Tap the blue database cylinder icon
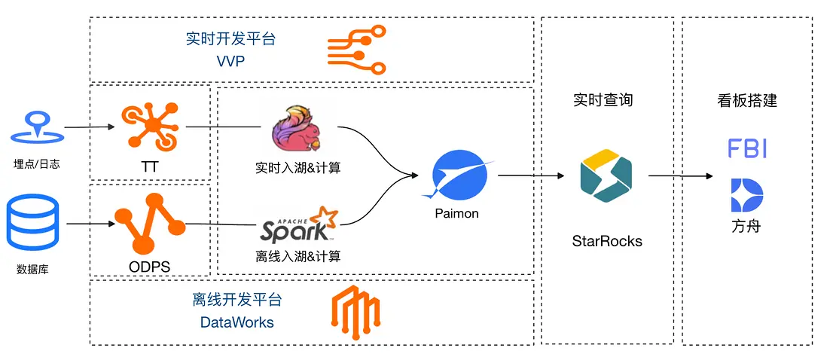pyautogui.click(x=32, y=223)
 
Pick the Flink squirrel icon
pyautogui.click(x=296, y=131)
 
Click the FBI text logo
pyautogui.click(x=747, y=148)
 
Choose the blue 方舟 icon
pyautogui.click(x=747, y=196)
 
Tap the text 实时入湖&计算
pyautogui.click(x=298, y=168)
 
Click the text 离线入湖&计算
pyautogui.click(x=298, y=256)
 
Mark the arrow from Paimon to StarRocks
pyautogui.click(x=531, y=175)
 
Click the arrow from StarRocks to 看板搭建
pyautogui.click(x=681, y=176)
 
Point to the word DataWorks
pyautogui.click(x=237, y=322)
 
